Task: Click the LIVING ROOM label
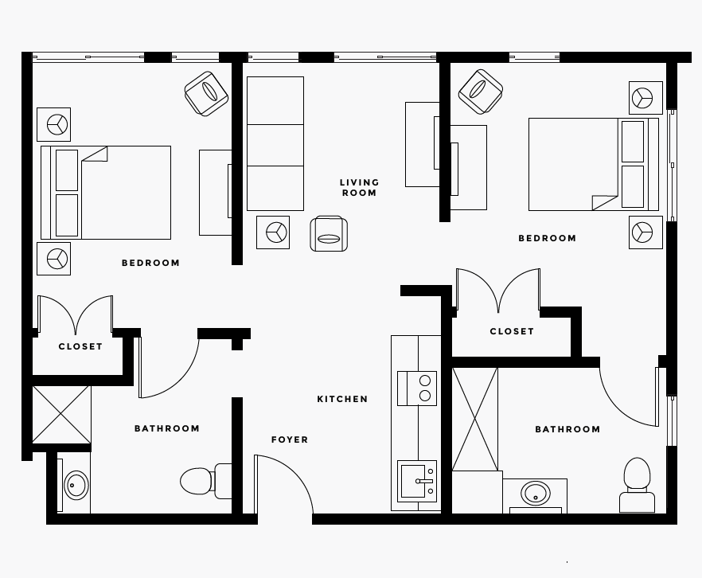pyautogui.click(x=359, y=188)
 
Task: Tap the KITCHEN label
pyautogui.click(x=342, y=399)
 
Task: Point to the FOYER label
pyautogui.click(x=290, y=439)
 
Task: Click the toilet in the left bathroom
pyautogui.click(x=206, y=481)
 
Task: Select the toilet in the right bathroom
pyautogui.click(x=637, y=485)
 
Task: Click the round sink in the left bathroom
pyautogui.click(x=76, y=485)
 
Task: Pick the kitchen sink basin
pyautogui.click(x=413, y=482)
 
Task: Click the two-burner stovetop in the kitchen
pyautogui.click(x=417, y=389)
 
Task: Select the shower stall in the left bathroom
pyautogui.click(x=62, y=415)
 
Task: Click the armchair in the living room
pyautogui.click(x=329, y=233)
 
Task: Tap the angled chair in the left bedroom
pyautogui.click(x=206, y=94)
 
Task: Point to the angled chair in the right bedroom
pyautogui.click(x=481, y=92)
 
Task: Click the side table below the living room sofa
pyautogui.click(x=273, y=232)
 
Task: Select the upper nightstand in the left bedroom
pyautogui.click(x=54, y=124)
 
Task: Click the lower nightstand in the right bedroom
pyautogui.click(x=645, y=232)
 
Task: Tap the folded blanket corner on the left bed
pyautogui.click(x=95, y=154)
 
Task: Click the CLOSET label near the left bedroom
pyautogui.click(x=80, y=346)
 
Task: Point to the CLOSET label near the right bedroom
pyautogui.click(x=512, y=331)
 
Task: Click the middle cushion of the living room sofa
pyautogui.click(x=275, y=145)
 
